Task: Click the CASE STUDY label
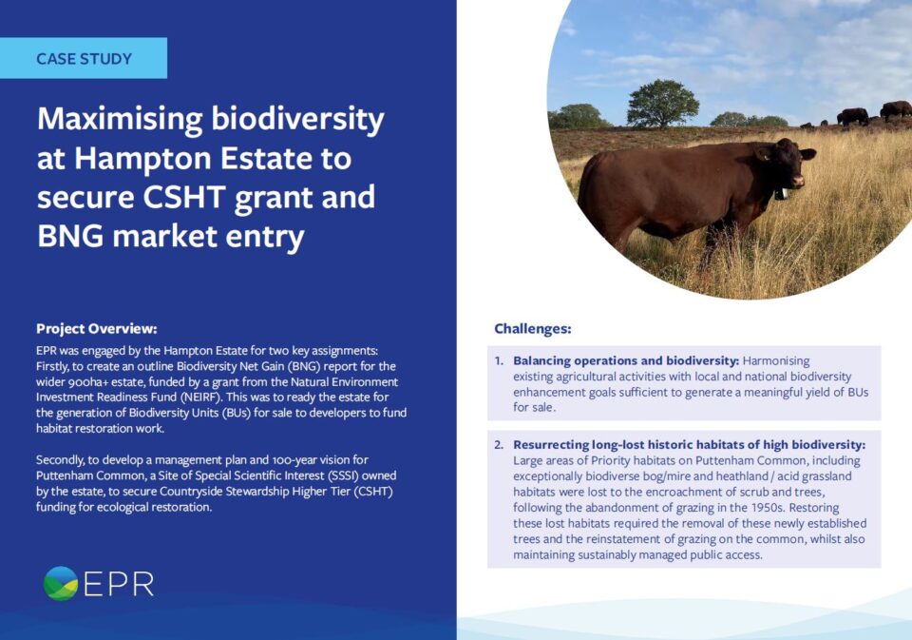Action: [x=84, y=59]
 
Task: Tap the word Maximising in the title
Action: [x=120, y=120]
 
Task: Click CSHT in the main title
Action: [x=183, y=197]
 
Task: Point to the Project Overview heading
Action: [x=97, y=329]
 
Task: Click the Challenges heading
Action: [x=533, y=329]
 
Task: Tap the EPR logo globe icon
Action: [x=61, y=583]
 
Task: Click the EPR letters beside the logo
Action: [x=120, y=584]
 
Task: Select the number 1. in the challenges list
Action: [x=499, y=361]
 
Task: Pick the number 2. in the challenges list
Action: [x=499, y=445]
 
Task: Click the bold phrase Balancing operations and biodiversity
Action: [x=626, y=361]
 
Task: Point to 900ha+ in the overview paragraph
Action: [x=89, y=382]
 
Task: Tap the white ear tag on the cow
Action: [x=782, y=194]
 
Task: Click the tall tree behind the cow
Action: [x=662, y=103]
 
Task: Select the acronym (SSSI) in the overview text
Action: [x=343, y=475]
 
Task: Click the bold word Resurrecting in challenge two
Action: [x=550, y=445]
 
